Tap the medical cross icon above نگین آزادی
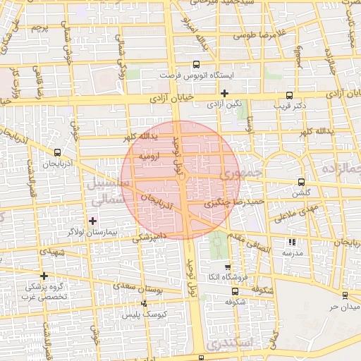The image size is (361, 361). pos(225,92)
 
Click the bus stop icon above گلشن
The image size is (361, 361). pos(302,181)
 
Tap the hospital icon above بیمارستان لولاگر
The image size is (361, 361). pos(92,221)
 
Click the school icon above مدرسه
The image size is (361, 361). pos(292,242)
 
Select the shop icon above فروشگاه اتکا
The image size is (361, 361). pos(227,267)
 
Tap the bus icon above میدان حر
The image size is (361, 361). pos(345,296)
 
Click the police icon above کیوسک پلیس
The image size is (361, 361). pos(145,303)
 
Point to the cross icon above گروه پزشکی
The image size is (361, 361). pos(44,276)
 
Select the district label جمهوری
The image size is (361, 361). pos(240,172)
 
